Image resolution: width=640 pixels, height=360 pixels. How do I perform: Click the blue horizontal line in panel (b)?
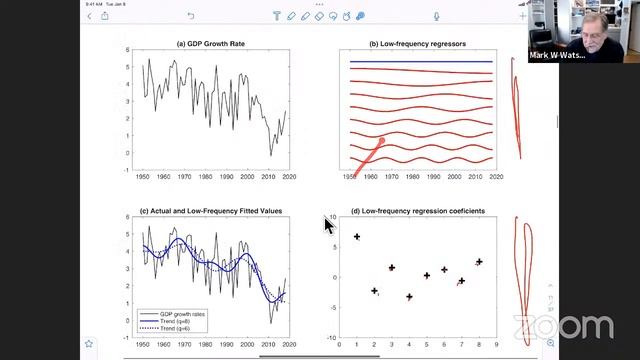[420, 62]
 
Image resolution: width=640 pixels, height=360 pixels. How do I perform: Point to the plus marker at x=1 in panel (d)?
[356, 237]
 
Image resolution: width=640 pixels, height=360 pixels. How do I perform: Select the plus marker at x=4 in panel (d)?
[409, 297]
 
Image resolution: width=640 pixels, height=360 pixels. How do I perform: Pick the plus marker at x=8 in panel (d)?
[479, 262]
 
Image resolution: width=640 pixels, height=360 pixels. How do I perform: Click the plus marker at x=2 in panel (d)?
[374, 291]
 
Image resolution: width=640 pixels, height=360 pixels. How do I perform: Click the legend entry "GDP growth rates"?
[186, 313]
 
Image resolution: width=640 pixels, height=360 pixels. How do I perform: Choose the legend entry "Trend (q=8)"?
[183, 320]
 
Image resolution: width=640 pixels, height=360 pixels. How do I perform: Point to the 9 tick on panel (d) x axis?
[496, 344]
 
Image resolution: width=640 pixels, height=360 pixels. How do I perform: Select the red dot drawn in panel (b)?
[382, 141]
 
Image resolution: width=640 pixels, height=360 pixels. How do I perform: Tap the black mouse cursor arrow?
[328, 225]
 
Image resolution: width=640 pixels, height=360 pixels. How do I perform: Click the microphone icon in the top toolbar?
[437, 16]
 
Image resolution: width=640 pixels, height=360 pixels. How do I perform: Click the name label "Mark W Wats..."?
[559, 56]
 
